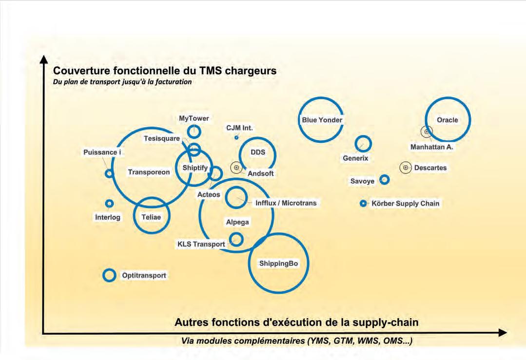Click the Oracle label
[447, 120]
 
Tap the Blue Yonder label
[322, 120]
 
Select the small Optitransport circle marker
[110, 275]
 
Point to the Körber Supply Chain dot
[363, 204]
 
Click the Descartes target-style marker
[405, 168]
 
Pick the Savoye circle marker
[385, 180]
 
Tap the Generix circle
[363, 144]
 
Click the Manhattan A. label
[431, 147]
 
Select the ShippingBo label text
[278, 264]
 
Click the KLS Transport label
[201, 244]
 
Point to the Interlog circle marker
[110, 203]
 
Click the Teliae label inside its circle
[151, 217]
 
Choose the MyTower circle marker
[195, 132]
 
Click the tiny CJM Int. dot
[236, 138]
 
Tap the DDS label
[258, 152]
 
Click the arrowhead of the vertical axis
[43, 59]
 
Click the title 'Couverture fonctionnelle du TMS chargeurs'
[165, 71]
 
